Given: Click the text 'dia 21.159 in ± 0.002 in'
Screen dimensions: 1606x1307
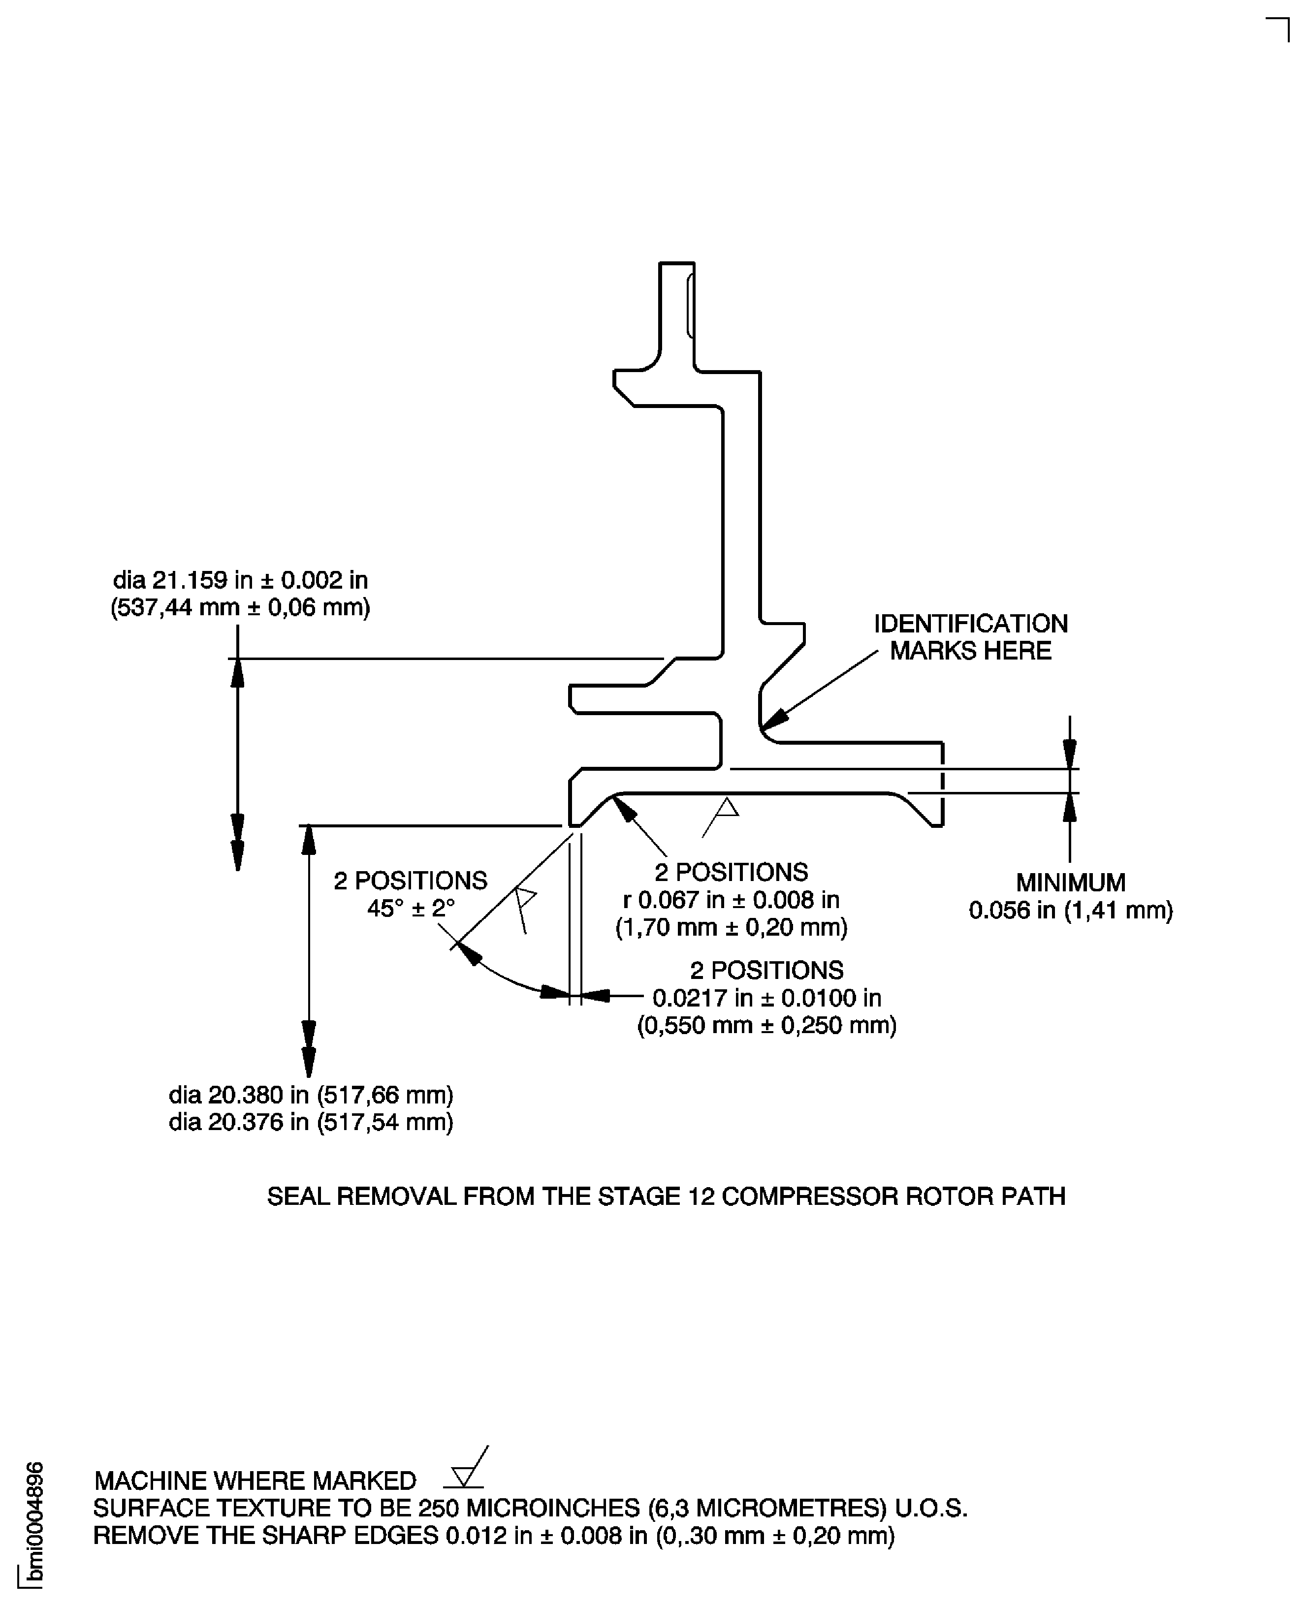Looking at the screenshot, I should pyautogui.click(x=240, y=580).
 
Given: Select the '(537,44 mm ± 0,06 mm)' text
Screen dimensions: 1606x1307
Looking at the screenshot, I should pyautogui.click(x=240, y=607).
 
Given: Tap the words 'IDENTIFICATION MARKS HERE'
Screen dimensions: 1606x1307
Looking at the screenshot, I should pyautogui.click(x=970, y=637).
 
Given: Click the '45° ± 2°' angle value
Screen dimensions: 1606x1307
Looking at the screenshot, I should pyautogui.click(x=411, y=909).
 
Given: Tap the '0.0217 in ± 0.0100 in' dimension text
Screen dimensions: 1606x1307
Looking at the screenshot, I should pyautogui.click(x=766, y=998).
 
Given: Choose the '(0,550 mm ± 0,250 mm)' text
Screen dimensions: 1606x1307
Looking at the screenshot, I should pyautogui.click(x=766, y=1025).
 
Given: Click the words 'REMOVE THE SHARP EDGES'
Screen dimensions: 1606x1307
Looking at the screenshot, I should pyautogui.click(x=265, y=1535).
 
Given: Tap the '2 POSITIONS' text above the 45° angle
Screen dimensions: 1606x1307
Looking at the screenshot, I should pyautogui.click(x=411, y=881).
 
